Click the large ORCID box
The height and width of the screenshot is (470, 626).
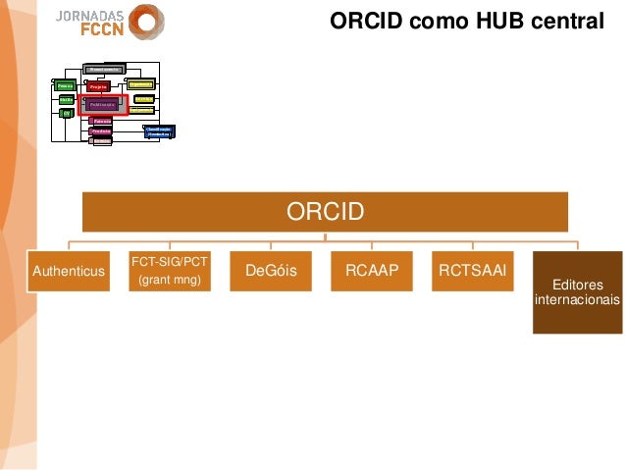pos(325,212)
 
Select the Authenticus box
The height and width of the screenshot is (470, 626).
pos(68,271)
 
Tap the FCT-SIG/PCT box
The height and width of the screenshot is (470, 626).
pos(169,271)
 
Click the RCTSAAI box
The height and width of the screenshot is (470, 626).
pos(472,271)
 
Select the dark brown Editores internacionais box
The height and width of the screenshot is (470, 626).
pos(577,292)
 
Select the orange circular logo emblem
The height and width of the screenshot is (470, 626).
pos(146,22)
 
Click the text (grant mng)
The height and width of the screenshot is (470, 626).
pos(169,281)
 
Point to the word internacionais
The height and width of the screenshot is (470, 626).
pos(577,300)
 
